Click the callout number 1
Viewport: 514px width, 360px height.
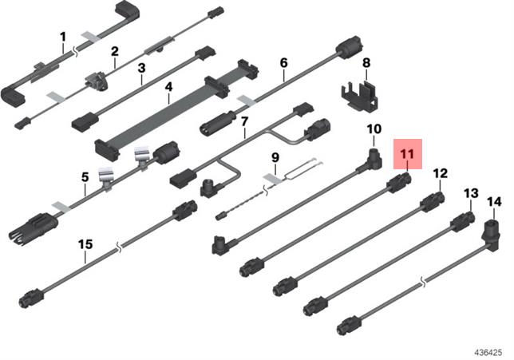coord(63,37)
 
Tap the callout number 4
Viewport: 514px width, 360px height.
coord(168,87)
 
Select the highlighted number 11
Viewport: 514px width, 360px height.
coord(408,154)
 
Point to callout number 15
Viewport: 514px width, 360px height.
coord(85,244)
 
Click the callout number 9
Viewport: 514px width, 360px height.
coord(275,158)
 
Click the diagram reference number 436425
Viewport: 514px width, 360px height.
coord(488,353)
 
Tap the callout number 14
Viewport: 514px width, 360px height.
coord(494,202)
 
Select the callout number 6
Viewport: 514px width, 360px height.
coord(284,62)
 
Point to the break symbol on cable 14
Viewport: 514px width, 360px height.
coord(424,281)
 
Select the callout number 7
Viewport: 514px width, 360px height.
coord(244,121)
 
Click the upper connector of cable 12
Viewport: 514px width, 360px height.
coord(433,201)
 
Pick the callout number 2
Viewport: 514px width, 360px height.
coord(114,51)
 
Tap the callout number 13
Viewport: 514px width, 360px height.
coord(471,193)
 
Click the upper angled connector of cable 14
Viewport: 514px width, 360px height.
coord(491,235)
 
